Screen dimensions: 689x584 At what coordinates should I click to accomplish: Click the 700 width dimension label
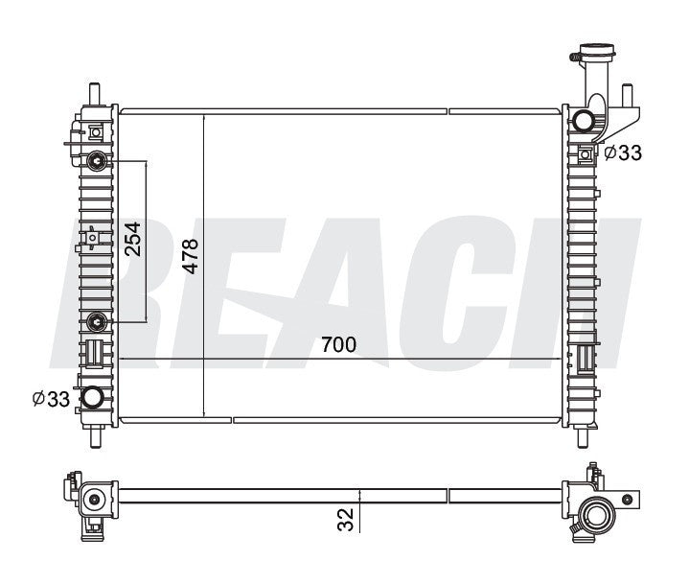pos(338,345)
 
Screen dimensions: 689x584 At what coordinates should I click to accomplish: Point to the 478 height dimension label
pos(191,256)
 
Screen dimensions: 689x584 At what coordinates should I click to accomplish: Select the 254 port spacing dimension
pos(132,239)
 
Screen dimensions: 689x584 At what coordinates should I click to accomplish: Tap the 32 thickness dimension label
pos(346,520)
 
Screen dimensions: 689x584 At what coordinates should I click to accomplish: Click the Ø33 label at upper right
pos(623,153)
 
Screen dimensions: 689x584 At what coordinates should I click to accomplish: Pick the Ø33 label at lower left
pos(51,399)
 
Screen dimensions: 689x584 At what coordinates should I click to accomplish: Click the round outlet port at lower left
pos(93,397)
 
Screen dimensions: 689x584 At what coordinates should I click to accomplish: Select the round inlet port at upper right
pos(583,121)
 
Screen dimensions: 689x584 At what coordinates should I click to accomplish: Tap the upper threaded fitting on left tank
pos(97,161)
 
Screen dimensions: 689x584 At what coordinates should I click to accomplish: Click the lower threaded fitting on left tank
pos(97,322)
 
